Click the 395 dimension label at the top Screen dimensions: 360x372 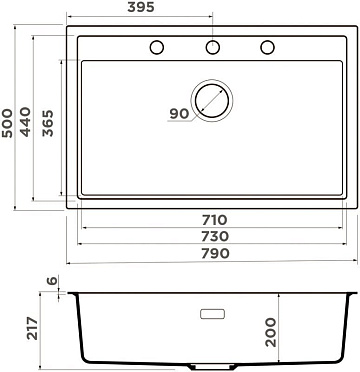click(x=141, y=7)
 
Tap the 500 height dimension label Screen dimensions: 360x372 click(x=7, y=123)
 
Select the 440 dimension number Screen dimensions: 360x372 click(x=25, y=122)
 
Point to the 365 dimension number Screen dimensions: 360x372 click(x=48, y=123)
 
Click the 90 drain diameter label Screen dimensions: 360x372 click(x=179, y=114)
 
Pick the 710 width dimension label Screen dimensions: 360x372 click(x=214, y=220)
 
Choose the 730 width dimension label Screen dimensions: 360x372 click(x=215, y=236)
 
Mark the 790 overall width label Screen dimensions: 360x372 click(x=215, y=253)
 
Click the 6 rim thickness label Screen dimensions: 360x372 click(x=52, y=280)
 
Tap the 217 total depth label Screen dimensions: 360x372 click(x=32, y=329)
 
